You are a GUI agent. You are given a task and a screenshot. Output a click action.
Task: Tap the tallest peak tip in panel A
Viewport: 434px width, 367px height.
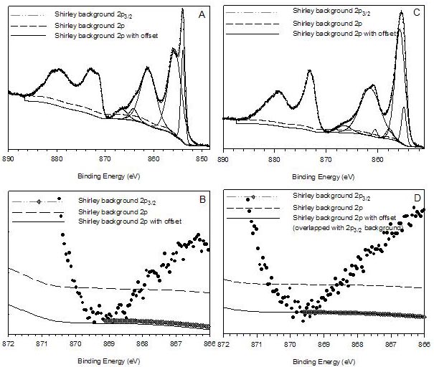182,9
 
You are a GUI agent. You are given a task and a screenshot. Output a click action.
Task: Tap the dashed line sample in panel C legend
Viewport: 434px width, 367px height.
251,22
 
